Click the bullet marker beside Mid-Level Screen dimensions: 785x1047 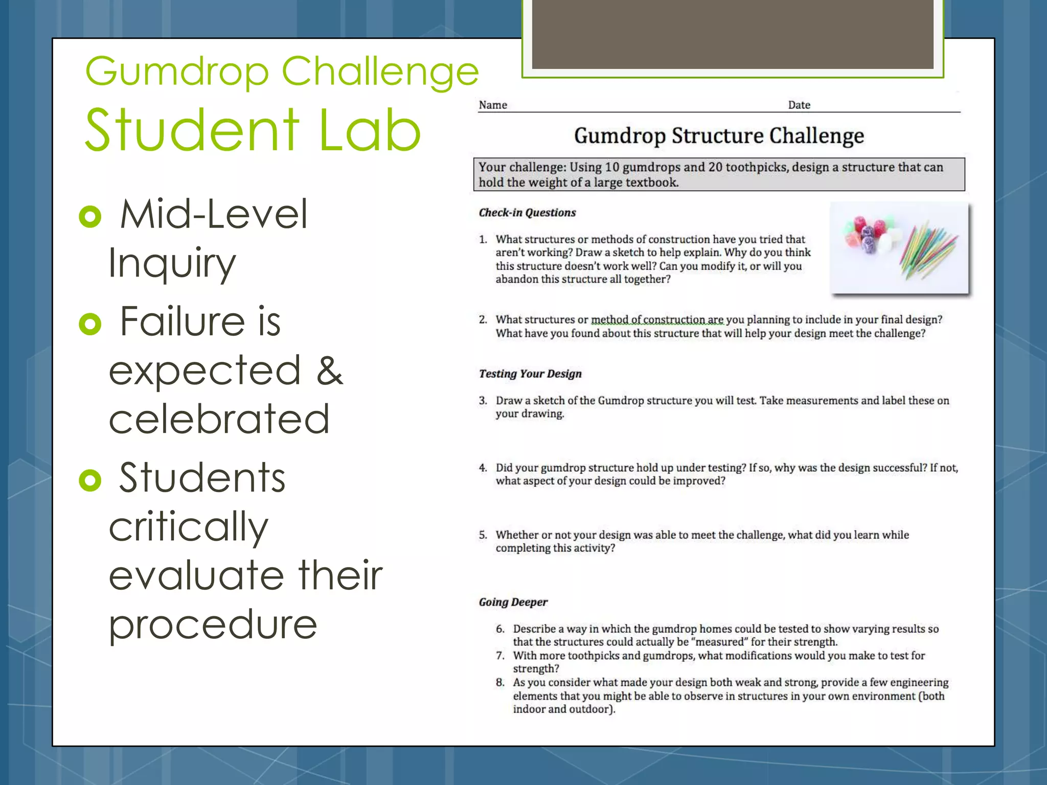coord(90,217)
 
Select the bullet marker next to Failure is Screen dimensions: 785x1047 coord(90,324)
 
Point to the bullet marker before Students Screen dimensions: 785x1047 coord(90,480)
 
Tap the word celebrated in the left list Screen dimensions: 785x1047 coord(219,419)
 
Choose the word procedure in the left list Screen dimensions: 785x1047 coord(213,625)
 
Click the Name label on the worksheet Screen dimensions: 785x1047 coord(493,105)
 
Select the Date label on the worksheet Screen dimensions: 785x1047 coord(799,105)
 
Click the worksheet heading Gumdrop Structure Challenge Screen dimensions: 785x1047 coord(719,136)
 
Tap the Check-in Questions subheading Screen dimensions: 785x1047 coord(527,213)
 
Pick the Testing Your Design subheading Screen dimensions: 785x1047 coord(530,374)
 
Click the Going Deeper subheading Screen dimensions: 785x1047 coord(513,602)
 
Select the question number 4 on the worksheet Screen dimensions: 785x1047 coord(483,468)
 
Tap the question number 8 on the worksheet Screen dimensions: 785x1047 coord(500,682)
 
